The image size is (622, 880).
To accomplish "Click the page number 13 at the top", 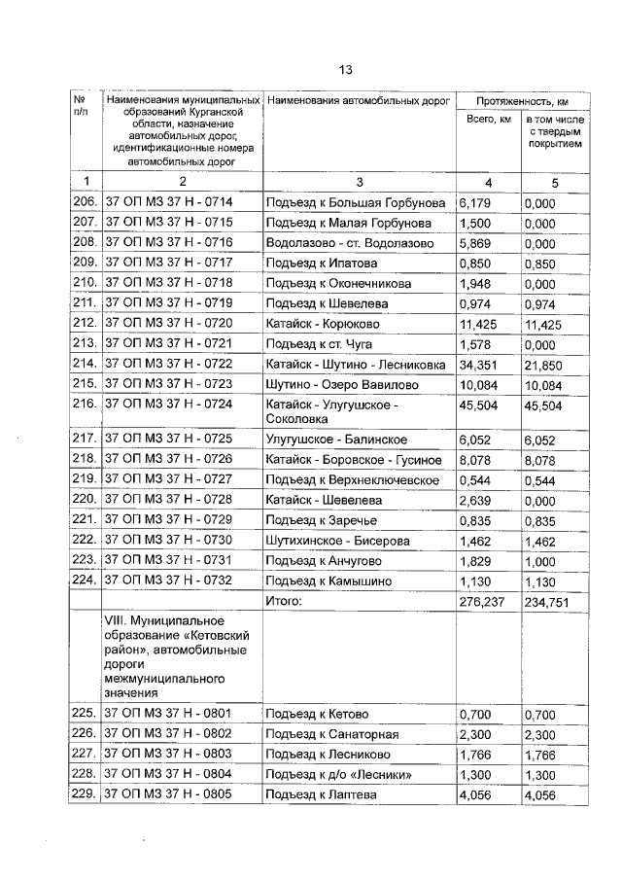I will [345, 69].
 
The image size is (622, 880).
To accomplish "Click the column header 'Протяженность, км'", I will [522, 101].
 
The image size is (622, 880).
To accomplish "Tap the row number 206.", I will [86, 202].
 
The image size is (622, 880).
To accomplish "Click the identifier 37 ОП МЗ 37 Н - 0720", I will [169, 323].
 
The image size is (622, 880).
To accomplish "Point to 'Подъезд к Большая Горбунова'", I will [356, 202].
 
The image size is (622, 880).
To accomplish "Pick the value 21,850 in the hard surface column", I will [544, 363].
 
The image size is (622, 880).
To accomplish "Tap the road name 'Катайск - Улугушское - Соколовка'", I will [332, 410].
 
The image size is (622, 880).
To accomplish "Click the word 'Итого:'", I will [288, 602].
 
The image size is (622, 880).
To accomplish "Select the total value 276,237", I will [484, 602].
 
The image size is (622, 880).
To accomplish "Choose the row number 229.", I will [86, 795].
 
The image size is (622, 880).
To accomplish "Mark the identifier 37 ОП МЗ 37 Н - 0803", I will [169, 755].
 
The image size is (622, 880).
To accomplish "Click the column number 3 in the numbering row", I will [359, 181].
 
